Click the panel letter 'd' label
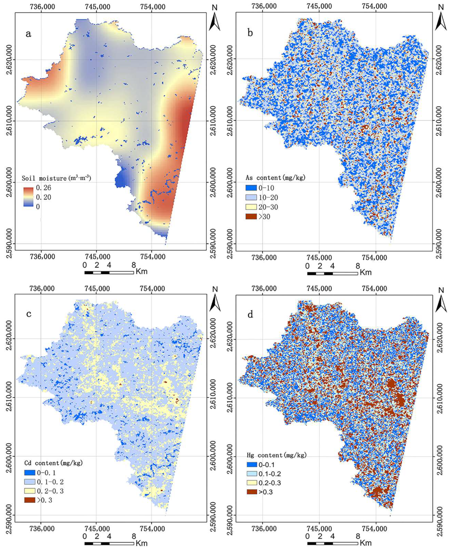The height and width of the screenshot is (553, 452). click(x=250, y=315)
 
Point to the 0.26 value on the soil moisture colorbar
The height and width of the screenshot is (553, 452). click(x=43, y=188)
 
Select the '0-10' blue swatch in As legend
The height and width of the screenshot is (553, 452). click(x=251, y=188)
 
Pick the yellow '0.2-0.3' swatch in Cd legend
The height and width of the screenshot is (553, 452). click(x=29, y=491)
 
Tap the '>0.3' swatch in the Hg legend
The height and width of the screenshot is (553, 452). click(x=252, y=492)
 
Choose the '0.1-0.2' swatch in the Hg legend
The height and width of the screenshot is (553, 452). click(x=252, y=474)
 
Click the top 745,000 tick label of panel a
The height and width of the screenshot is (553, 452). click(x=97, y=7)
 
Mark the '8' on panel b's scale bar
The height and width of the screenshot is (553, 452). click(x=358, y=266)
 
